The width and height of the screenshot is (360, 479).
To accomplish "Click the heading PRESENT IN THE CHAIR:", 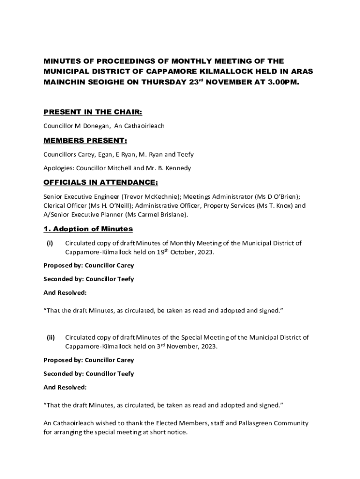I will [93, 112].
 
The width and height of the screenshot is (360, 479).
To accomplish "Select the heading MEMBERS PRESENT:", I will [85, 141].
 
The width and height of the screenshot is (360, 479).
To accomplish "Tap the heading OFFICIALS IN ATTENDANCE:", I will [101, 182].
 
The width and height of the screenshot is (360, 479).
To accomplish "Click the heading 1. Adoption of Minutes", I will [88, 229].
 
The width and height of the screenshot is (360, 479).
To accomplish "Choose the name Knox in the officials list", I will [277, 206].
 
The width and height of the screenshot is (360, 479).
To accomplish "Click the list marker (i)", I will [50, 243].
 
